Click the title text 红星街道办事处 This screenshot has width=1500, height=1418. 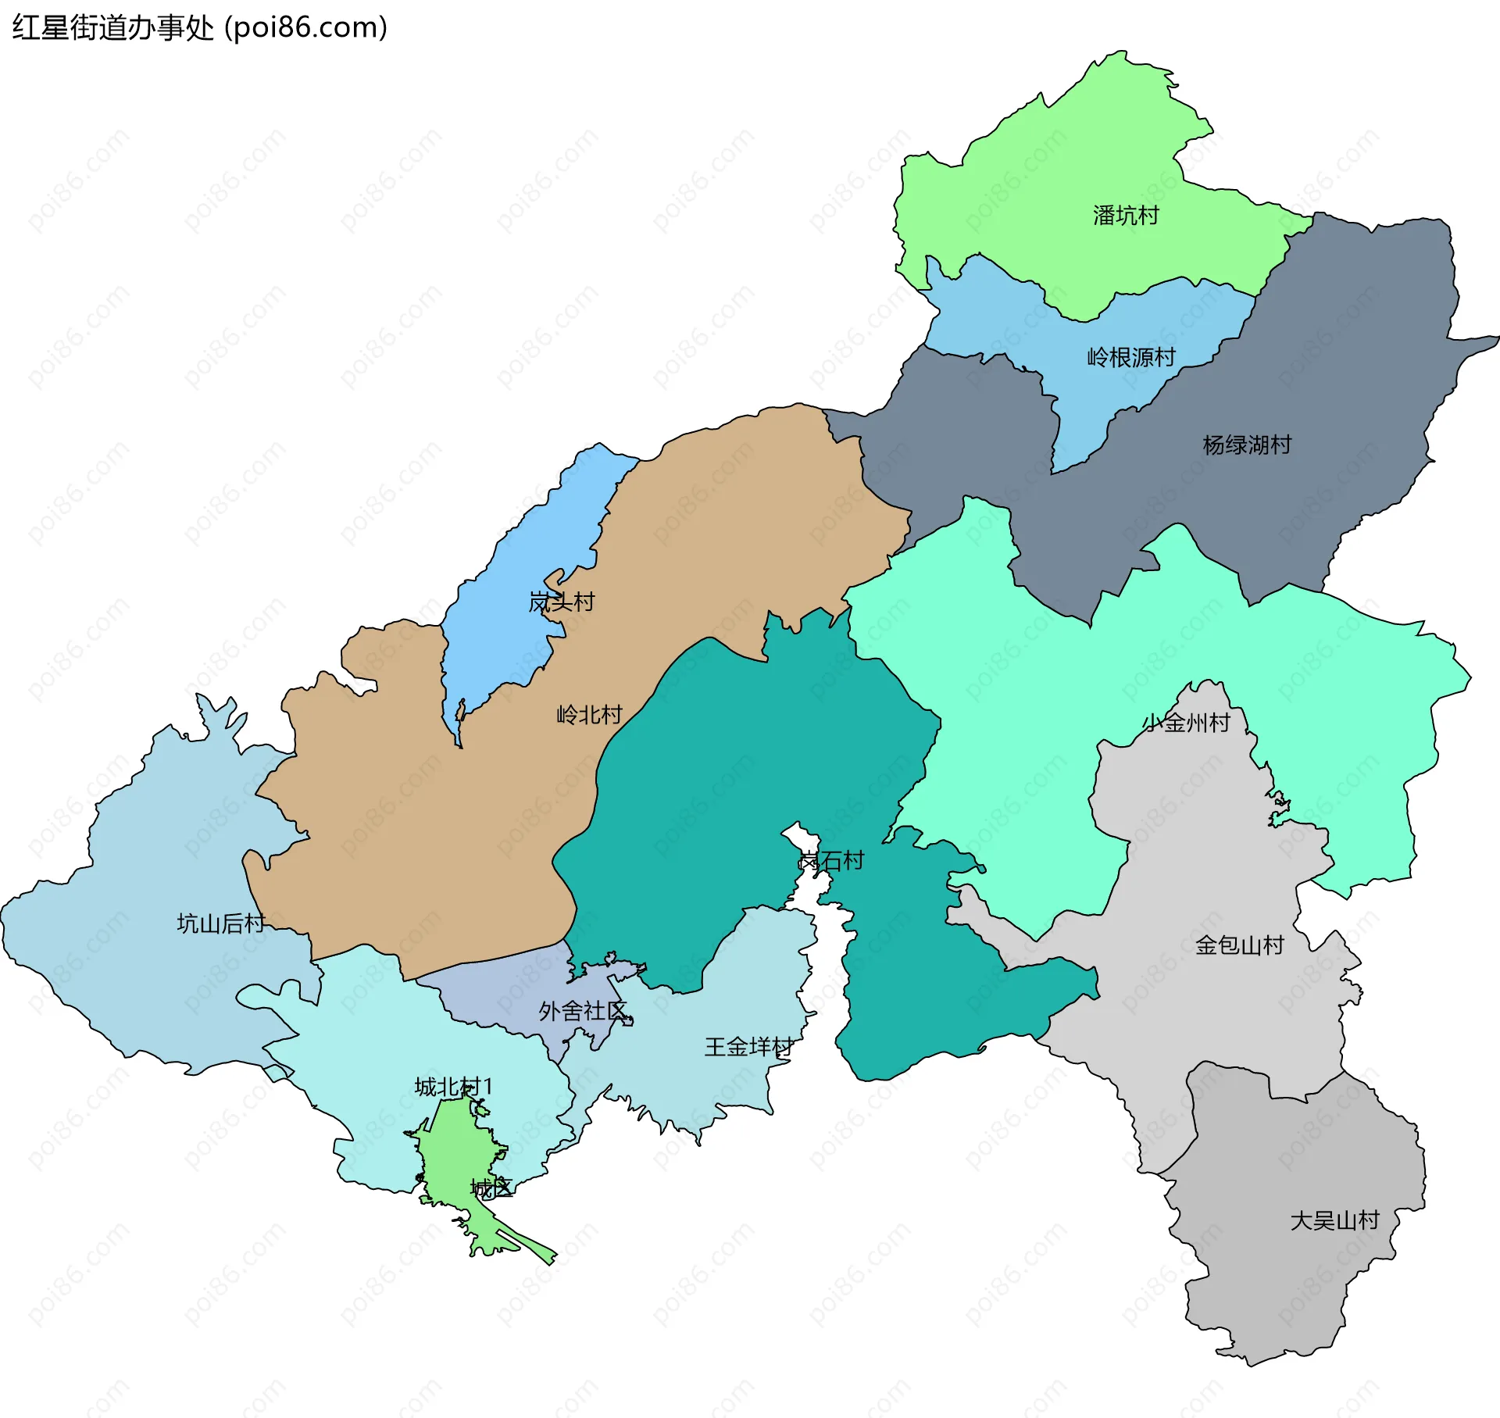112,28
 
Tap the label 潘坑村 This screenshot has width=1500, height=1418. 1125,216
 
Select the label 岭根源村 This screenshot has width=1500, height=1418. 1130,358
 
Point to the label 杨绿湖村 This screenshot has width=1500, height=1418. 1247,445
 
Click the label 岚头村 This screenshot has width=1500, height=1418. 561,602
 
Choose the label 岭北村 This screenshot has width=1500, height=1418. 589,715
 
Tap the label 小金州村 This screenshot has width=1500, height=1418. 1186,723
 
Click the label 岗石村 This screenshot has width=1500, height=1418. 830,861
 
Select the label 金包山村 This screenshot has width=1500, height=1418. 1239,945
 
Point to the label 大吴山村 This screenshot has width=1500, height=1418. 1334,1220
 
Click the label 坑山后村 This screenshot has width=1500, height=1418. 221,923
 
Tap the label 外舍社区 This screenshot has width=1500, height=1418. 583,1012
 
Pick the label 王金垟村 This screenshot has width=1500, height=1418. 748,1047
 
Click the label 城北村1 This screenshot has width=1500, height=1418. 453,1087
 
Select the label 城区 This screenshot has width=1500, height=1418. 491,1188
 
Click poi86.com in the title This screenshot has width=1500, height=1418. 306,28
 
